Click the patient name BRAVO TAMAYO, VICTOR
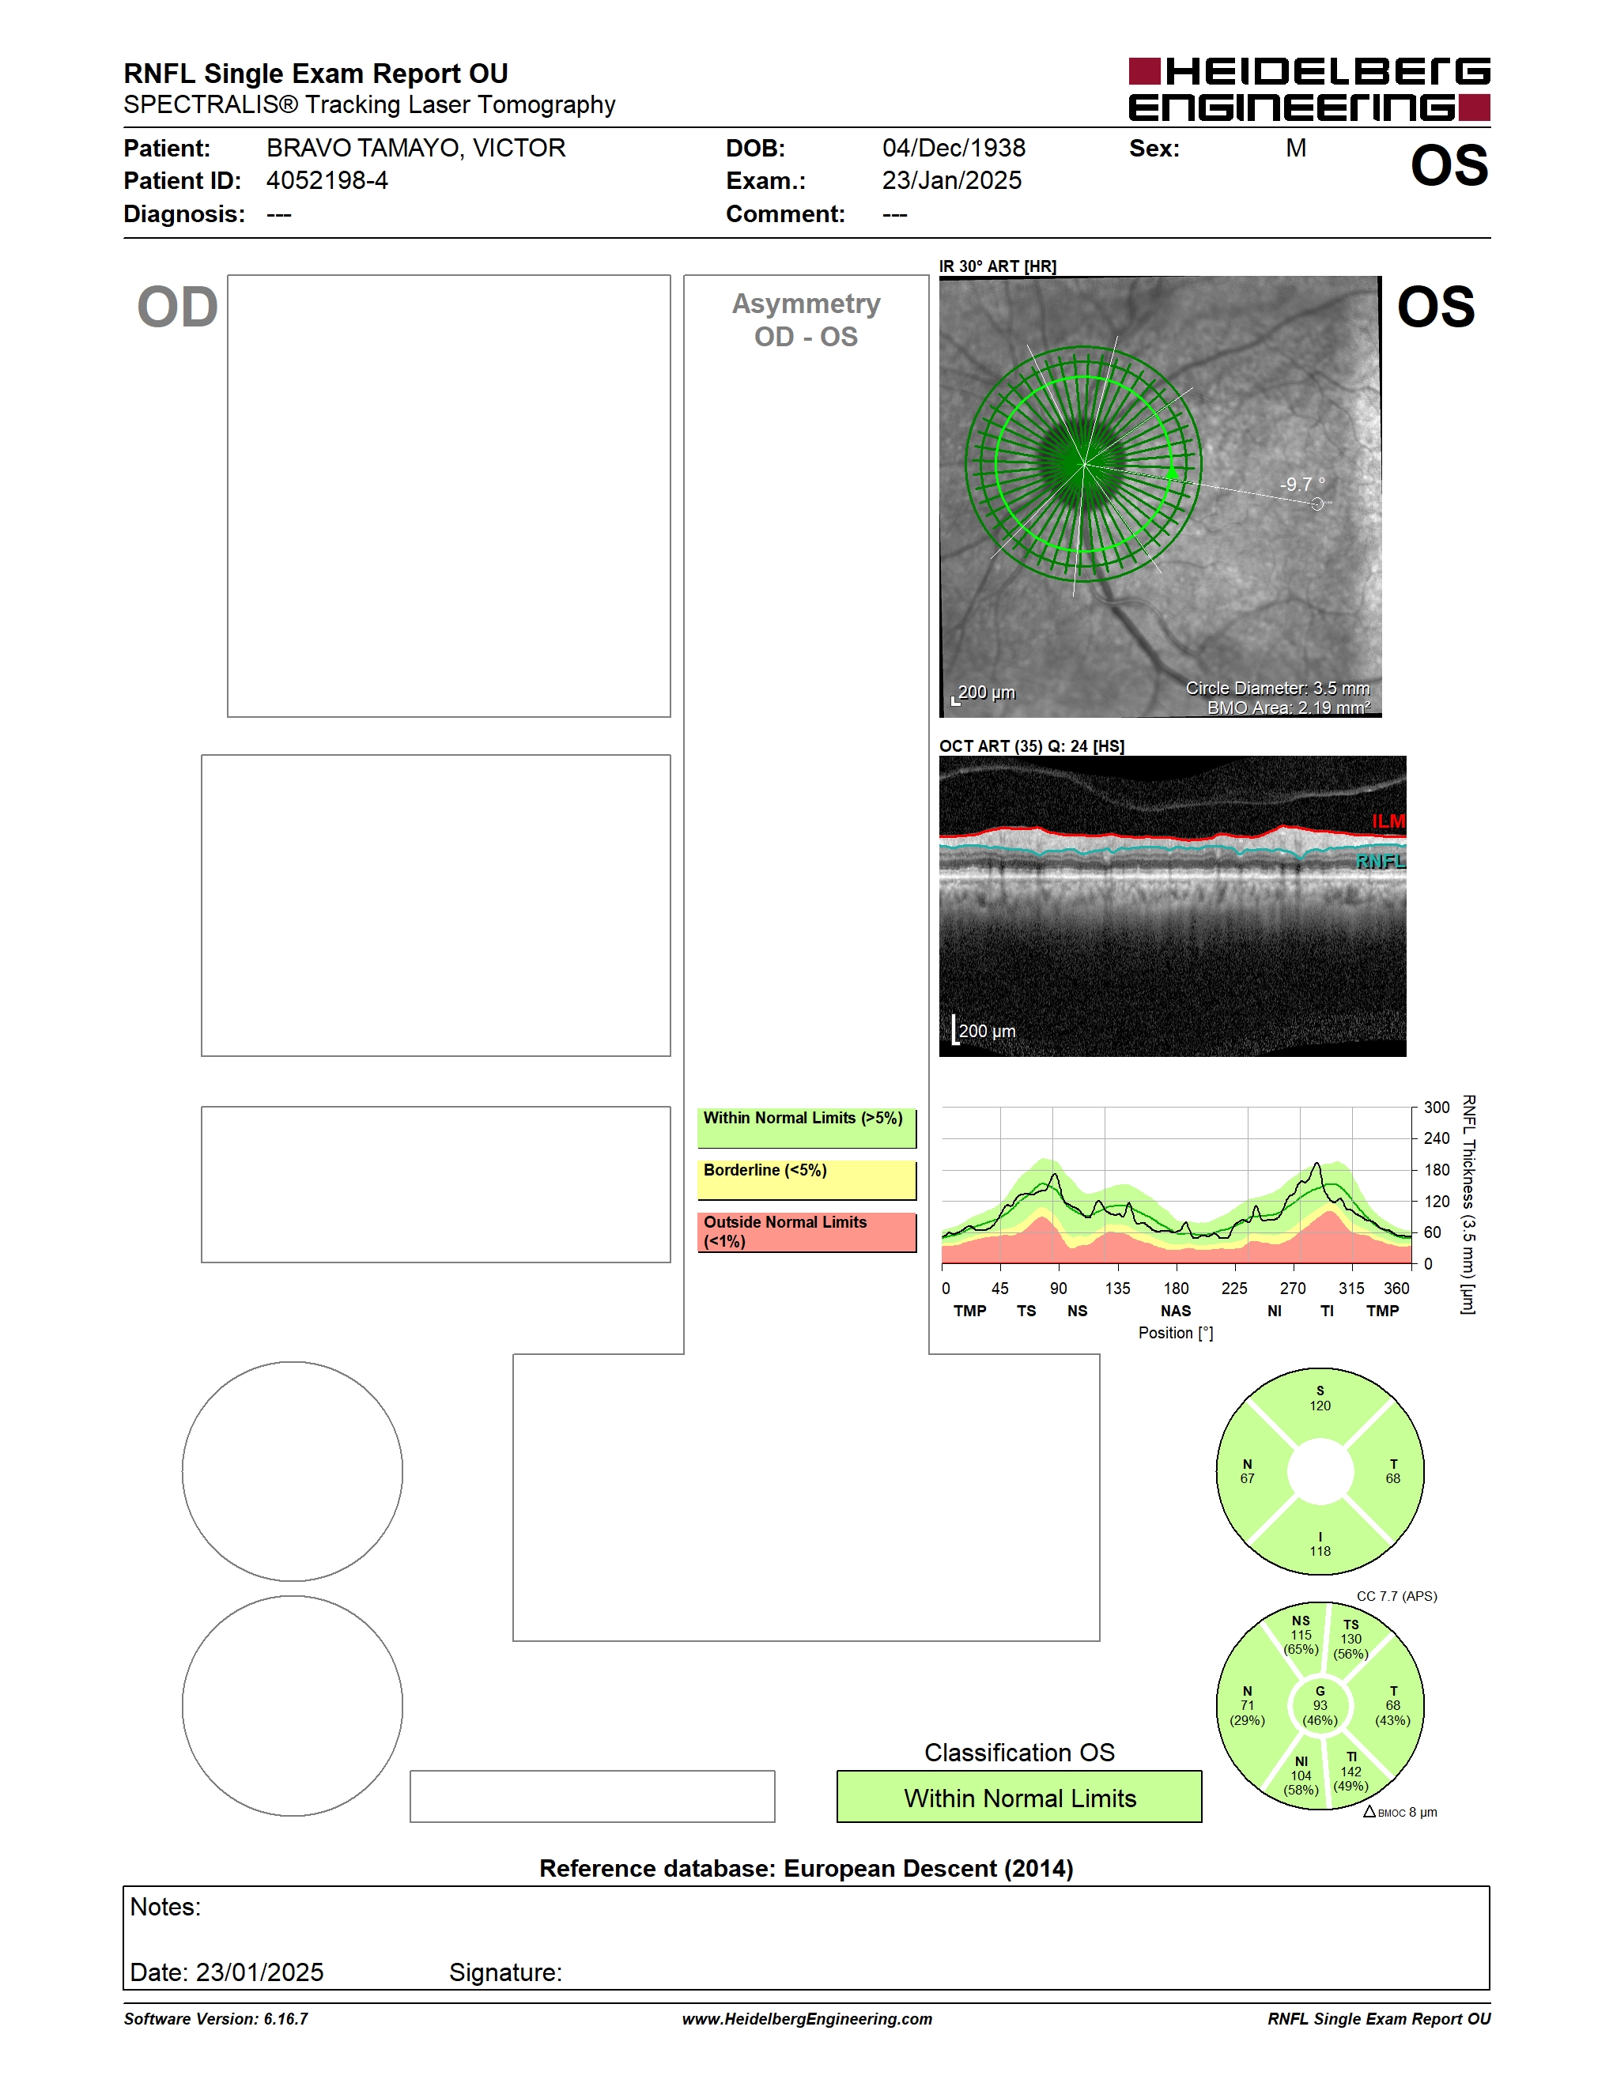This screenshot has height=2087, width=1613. click(x=416, y=148)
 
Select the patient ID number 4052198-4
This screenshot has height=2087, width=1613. click(x=327, y=180)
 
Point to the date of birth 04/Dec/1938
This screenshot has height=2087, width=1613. click(x=954, y=148)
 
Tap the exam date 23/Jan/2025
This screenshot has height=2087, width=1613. click(x=952, y=180)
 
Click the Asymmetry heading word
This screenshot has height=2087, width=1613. click(x=806, y=304)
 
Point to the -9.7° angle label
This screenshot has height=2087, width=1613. click(x=1301, y=485)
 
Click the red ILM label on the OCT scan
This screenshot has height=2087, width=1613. click(x=1388, y=821)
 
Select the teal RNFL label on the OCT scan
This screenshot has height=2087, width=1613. click(x=1380, y=861)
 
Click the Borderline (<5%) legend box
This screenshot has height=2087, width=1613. click(x=806, y=1179)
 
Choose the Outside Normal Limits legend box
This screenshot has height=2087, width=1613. click(x=806, y=1232)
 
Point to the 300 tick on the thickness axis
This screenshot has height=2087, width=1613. click(x=1436, y=1108)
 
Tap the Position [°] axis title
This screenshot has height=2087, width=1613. click(x=1175, y=1333)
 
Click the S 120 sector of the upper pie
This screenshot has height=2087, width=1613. click(x=1320, y=1406)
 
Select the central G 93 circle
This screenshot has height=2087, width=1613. click(x=1320, y=1706)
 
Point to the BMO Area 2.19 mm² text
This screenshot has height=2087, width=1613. click(x=1288, y=708)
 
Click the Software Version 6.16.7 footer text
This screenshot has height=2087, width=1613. click(x=216, y=2018)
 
